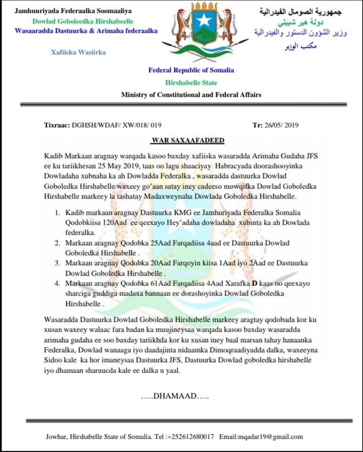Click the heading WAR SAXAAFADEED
click(188, 140)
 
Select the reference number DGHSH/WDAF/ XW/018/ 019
click(117, 125)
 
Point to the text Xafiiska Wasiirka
click(78, 52)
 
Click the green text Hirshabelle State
click(191, 82)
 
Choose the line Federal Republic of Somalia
click(191, 70)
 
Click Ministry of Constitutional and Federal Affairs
click(191, 95)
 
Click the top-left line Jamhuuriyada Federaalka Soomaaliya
click(73, 10)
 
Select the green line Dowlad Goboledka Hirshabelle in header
click(83, 21)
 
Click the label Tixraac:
click(56, 125)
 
